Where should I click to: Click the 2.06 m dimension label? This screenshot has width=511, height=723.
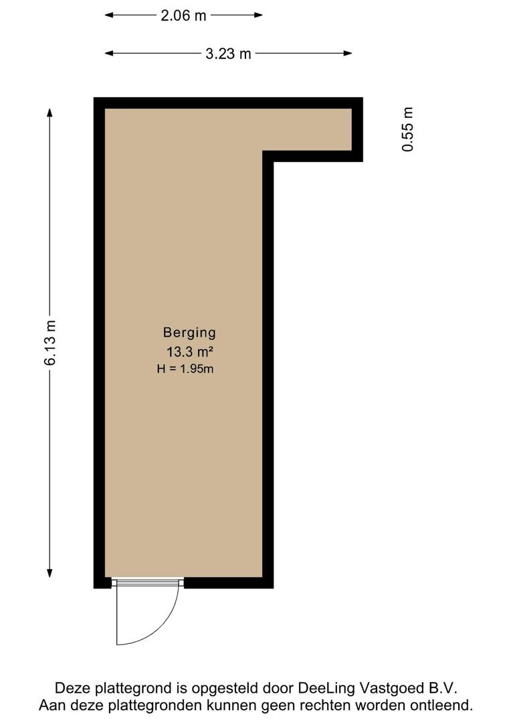click(x=183, y=15)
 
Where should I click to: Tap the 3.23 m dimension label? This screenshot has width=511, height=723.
click(x=228, y=54)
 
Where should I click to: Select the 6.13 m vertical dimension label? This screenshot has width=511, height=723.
click(x=49, y=343)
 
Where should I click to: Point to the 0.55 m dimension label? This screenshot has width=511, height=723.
click(x=408, y=129)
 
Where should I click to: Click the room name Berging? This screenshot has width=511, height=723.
click(x=189, y=333)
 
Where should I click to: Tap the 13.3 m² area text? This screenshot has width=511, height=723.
click(x=189, y=352)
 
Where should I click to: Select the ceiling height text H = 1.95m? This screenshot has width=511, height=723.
click(x=185, y=369)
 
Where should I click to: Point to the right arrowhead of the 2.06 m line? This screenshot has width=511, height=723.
click(x=258, y=15)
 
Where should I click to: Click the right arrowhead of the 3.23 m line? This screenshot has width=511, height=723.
click(x=347, y=53)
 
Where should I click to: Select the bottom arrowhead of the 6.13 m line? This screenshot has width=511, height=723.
click(x=49, y=572)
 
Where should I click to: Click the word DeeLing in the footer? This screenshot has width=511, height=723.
click(x=326, y=689)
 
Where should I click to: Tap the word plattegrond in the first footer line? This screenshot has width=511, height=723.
click(x=134, y=689)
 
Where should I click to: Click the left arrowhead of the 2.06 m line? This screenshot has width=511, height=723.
click(x=110, y=15)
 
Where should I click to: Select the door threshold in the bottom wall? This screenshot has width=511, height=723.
click(x=147, y=583)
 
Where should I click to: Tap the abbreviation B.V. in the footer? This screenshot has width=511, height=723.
click(x=443, y=689)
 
